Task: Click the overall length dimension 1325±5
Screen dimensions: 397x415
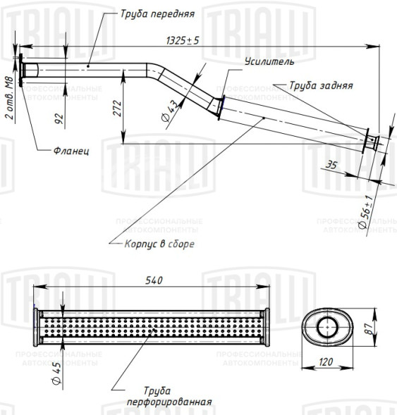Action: click(x=183, y=40)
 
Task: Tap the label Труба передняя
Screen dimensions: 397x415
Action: click(x=157, y=14)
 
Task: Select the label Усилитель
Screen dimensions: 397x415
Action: click(x=269, y=62)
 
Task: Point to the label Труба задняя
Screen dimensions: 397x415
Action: click(x=321, y=85)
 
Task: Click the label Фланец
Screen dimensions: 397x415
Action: click(x=71, y=151)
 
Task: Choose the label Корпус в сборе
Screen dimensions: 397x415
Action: click(x=159, y=244)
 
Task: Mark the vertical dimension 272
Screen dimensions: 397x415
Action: click(x=117, y=109)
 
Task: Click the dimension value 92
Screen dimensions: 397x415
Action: click(x=59, y=118)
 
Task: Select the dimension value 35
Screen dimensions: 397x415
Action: click(x=331, y=165)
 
